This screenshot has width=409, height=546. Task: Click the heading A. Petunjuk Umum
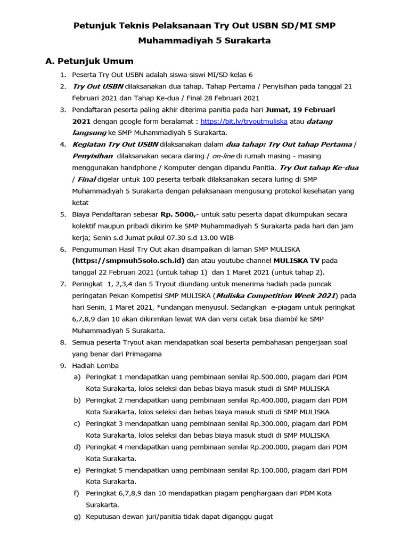point(89,61)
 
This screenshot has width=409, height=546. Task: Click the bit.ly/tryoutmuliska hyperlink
point(244,121)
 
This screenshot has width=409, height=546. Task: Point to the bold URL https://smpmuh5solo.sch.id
point(128,261)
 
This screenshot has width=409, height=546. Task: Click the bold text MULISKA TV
point(297,261)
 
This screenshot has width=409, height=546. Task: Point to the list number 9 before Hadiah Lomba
point(62,366)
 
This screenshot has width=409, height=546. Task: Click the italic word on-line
point(224,156)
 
